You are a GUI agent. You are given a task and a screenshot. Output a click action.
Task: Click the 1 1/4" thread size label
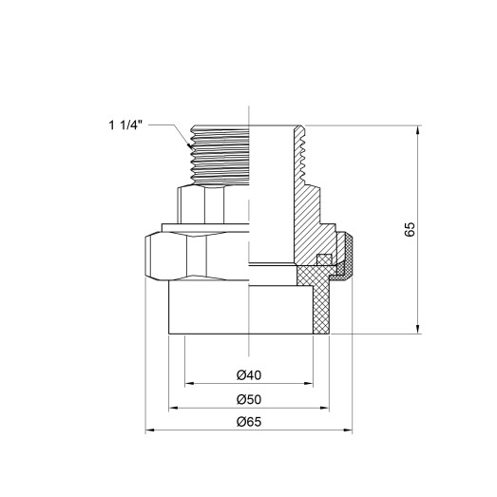pyautogui.click(x=126, y=123)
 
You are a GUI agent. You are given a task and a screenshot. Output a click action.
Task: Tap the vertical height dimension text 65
pyautogui.click(x=410, y=229)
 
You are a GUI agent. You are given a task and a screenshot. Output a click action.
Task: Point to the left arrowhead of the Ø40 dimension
pyautogui.click(x=187, y=383)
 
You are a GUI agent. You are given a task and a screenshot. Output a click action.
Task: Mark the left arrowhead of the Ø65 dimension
pyautogui.click(x=148, y=432)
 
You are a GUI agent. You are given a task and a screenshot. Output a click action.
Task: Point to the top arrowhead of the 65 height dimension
pyautogui.click(x=417, y=130)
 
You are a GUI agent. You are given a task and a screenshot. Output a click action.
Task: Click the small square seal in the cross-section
pyautogui.click(x=322, y=259)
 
